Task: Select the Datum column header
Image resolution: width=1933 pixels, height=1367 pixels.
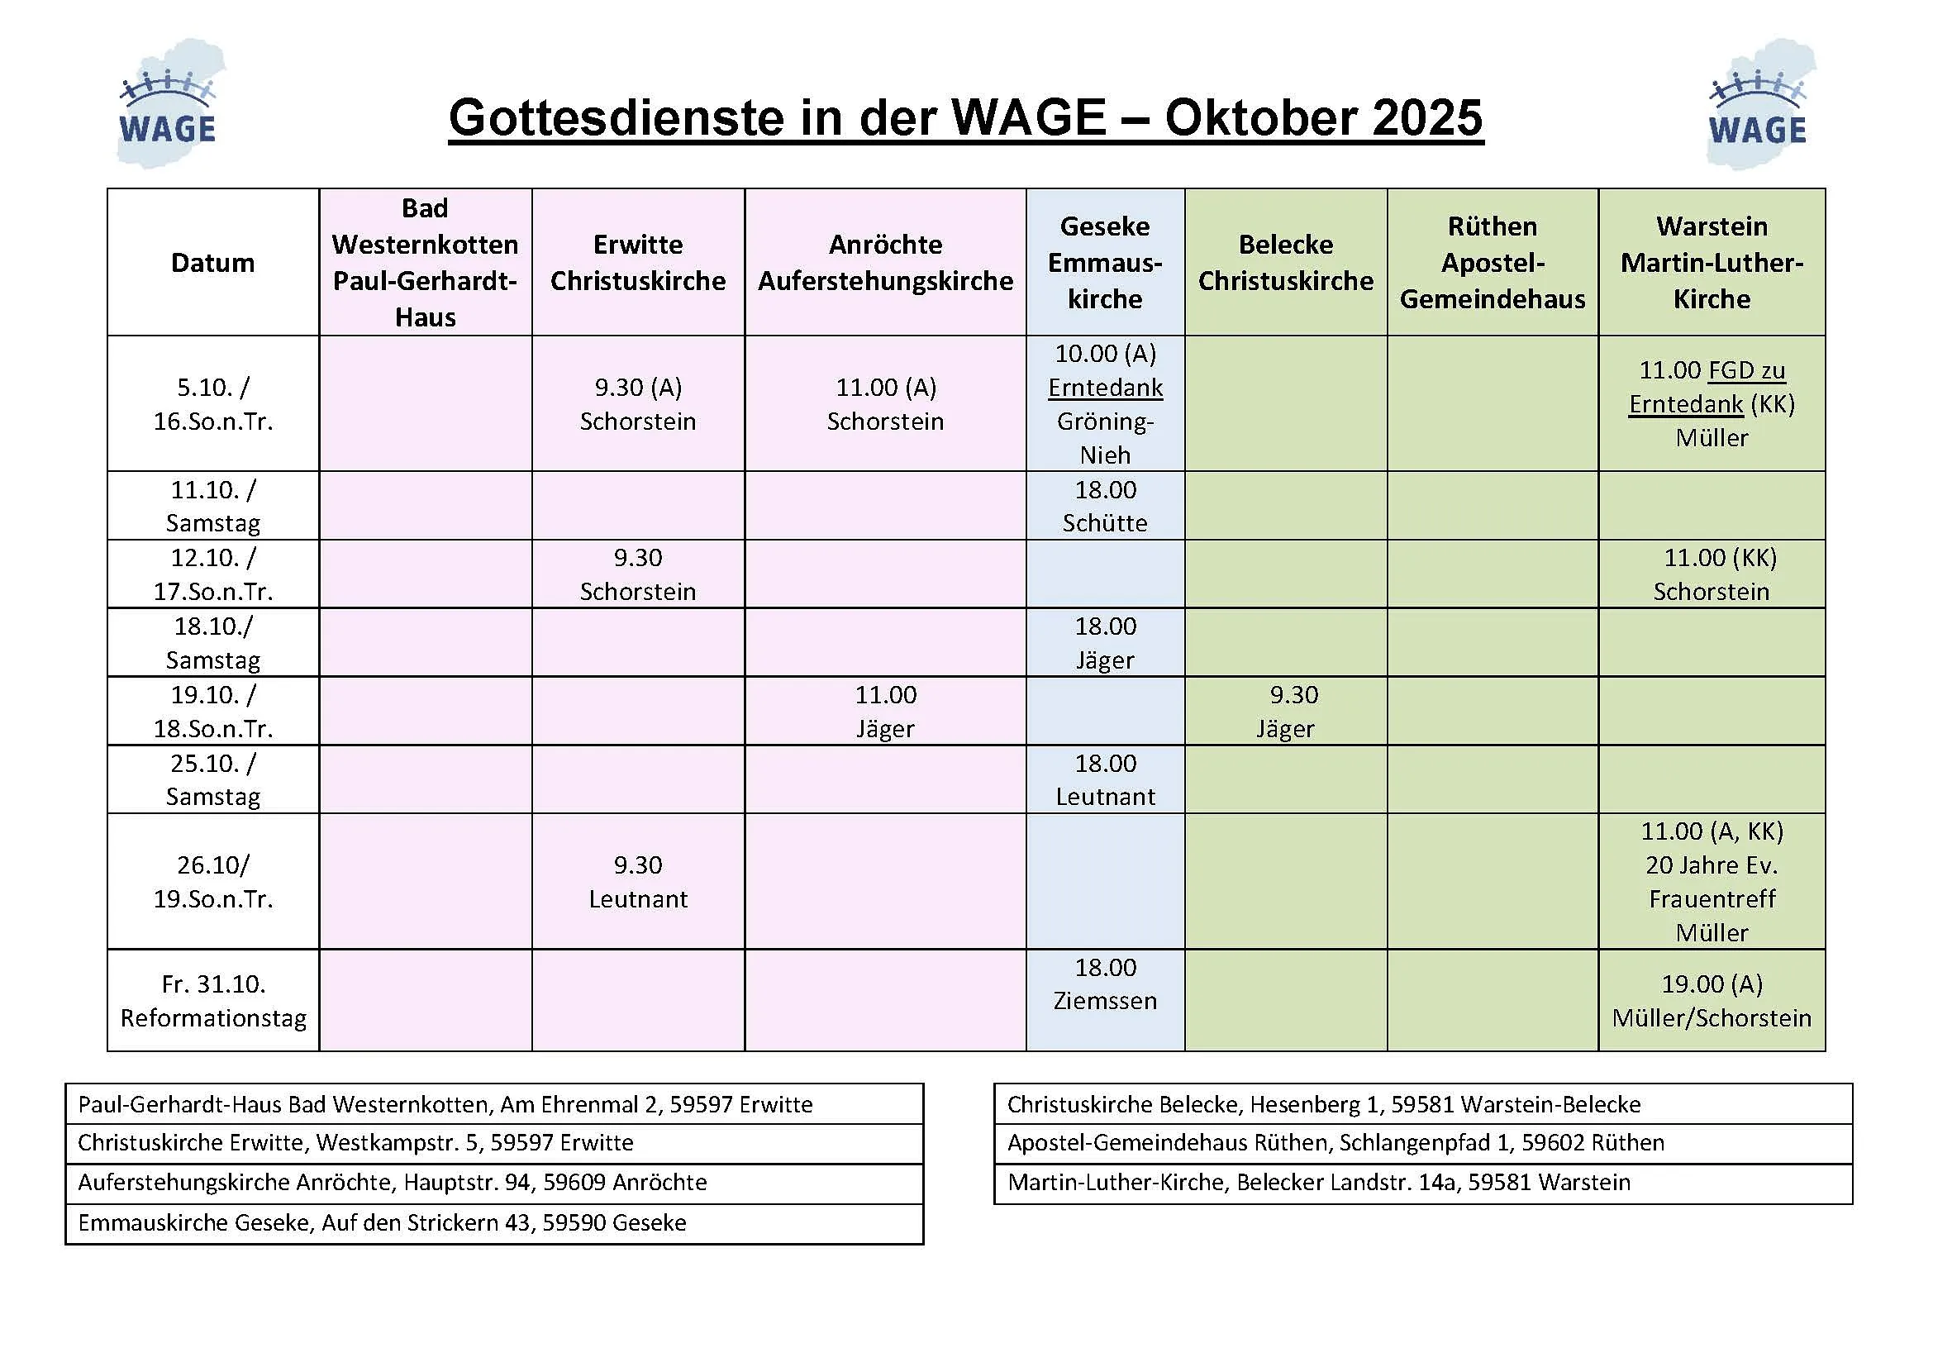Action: point(213,263)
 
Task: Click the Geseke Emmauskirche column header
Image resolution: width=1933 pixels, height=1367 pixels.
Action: point(1105,263)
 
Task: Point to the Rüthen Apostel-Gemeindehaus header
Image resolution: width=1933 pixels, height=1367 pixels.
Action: point(1492,263)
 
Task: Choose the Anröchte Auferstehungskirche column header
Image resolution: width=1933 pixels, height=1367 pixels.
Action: point(885,263)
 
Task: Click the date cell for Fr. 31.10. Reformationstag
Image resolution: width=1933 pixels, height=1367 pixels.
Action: point(213,1001)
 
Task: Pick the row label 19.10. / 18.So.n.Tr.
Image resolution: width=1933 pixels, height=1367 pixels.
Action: point(213,712)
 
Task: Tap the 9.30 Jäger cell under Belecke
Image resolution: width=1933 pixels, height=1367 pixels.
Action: point(1286,712)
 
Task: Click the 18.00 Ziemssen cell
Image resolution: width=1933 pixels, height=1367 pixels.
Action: point(1105,984)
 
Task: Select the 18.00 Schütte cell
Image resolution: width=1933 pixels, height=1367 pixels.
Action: point(1105,506)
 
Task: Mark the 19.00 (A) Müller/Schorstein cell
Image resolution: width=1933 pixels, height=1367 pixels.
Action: point(1712,1001)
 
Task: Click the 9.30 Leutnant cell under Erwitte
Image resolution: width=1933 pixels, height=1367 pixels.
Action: point(638,881)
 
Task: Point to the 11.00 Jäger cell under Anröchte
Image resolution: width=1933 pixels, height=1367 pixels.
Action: point(885,712)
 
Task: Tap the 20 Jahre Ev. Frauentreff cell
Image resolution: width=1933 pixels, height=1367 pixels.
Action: point(1712,881)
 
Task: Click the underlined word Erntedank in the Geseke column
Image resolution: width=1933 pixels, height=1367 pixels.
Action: point(1105,388)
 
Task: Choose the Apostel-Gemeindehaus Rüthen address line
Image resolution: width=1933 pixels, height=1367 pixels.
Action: point(1335,1142)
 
